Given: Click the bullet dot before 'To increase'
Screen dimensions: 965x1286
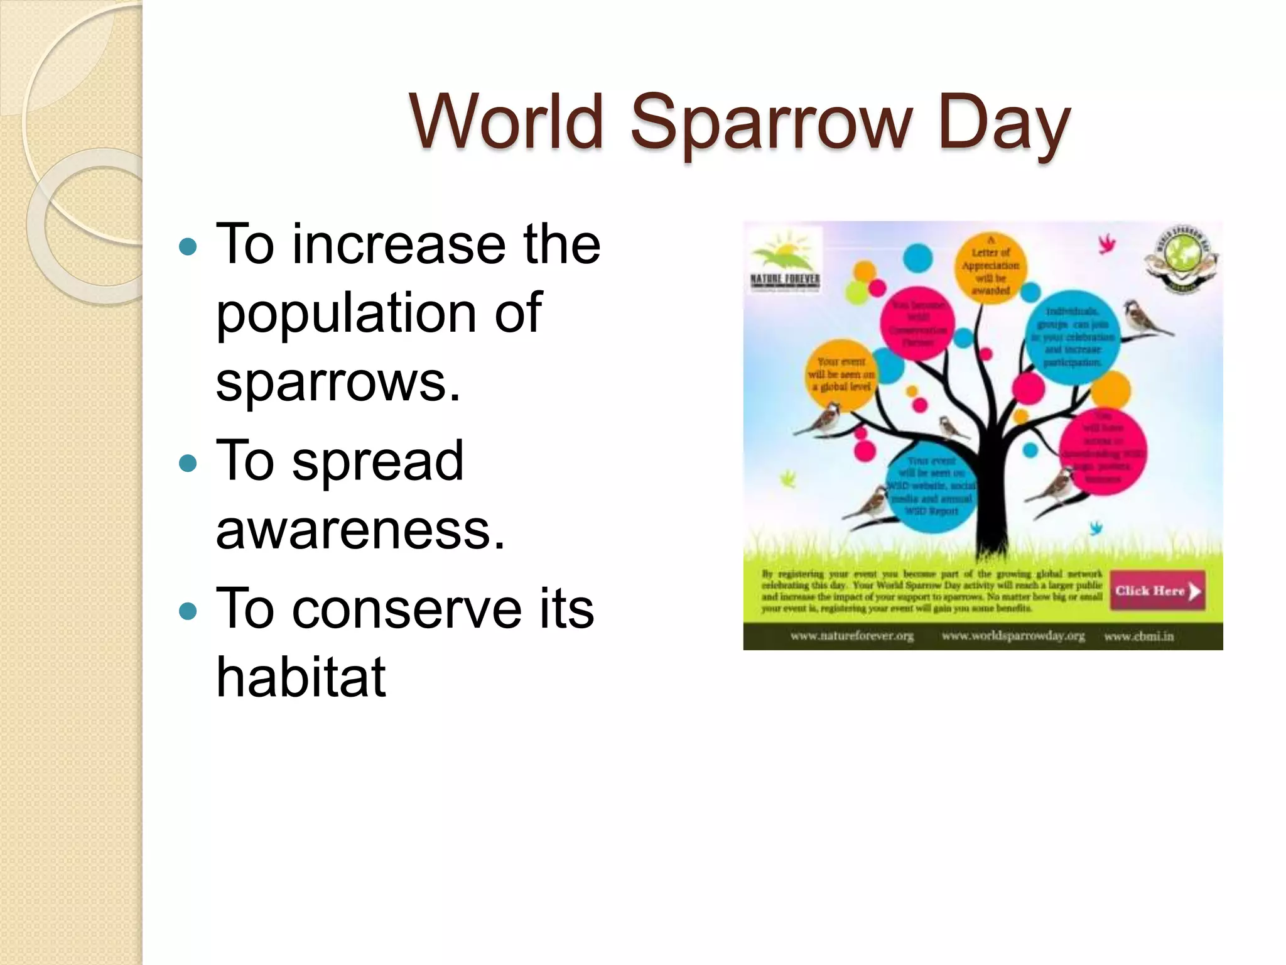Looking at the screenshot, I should [x=188, y=246].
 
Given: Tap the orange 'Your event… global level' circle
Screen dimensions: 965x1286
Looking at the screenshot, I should [x=841, y=374].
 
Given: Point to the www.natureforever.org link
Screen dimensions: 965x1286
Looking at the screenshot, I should [x=851, y=636].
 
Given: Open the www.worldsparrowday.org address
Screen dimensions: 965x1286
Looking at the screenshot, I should [x=1013, y=636].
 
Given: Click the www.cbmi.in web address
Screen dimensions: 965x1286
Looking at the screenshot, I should [x=1138, y=636].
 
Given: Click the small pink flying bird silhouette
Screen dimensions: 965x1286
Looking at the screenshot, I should [x=1106, y=244].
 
